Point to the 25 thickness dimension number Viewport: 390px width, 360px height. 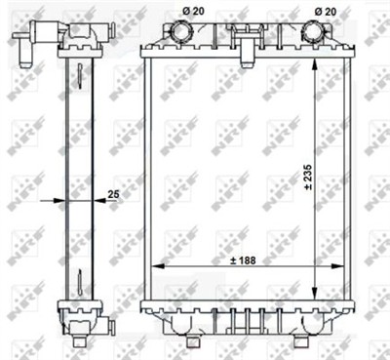coord(113,195)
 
